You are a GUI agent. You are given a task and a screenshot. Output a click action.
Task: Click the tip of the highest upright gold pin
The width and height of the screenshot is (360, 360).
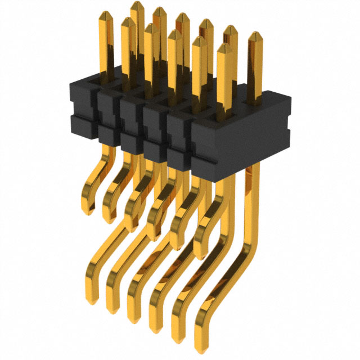(136, 4)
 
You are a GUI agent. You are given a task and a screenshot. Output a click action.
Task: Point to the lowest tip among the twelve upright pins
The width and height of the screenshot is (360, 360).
(224, 47)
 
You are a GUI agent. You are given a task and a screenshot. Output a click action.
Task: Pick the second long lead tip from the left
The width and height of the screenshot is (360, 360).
(113, 313)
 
